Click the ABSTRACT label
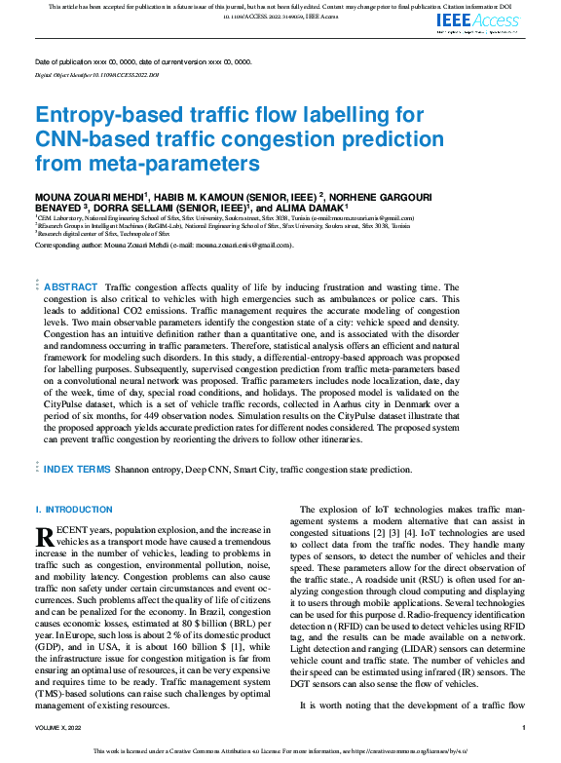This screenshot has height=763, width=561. pyautogui.click(x=71, y=287)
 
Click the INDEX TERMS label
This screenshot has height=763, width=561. pyautogui.click(x=78, y=469)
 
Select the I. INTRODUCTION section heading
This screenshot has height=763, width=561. pyautogui.click(x=67, y=510)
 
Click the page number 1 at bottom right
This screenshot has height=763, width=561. pyautogui.click(x=524, y=727)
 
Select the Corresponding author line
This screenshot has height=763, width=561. pyautogui.click(x=164, y=245)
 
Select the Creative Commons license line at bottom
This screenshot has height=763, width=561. pyautogui.click(x=280, y=752)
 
